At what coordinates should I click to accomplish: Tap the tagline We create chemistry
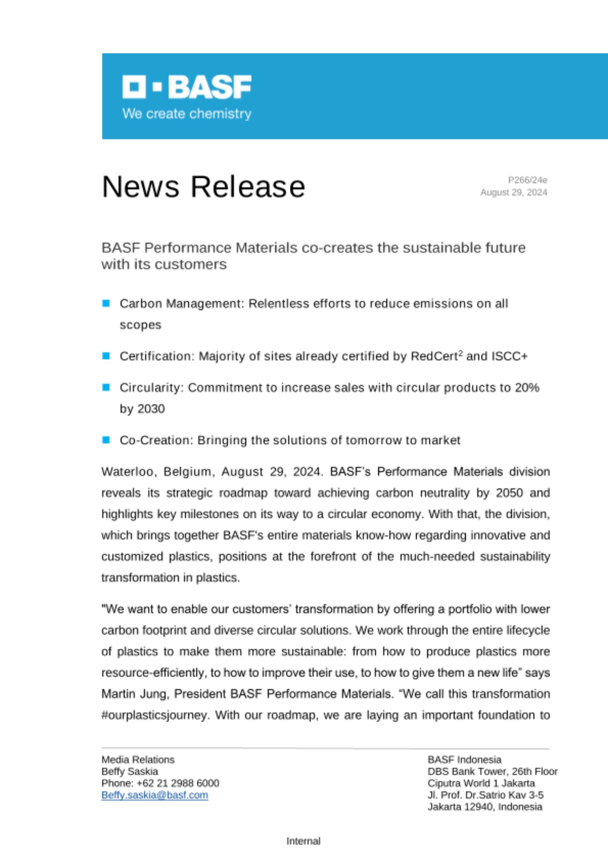(x=187, y=114)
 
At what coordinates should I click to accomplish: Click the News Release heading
(x=203, y=187)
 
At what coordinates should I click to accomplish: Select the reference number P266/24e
(x=527, y=180)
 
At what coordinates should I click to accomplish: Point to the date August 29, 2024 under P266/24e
(x=513, y=192)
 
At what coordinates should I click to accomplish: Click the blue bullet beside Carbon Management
(x=106, y=304)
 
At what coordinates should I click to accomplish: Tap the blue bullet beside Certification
(x=106, y=356)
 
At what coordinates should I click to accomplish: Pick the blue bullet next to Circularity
(x=106, y=387)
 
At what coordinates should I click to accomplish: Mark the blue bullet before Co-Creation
(x=106, y=440)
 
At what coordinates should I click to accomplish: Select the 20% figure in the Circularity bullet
(x=527, y=387)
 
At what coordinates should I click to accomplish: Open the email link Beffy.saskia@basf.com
(x=155, y=795)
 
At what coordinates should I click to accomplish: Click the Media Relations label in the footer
(x=138, y=759)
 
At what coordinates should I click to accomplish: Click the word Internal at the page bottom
(x=304, y=841)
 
